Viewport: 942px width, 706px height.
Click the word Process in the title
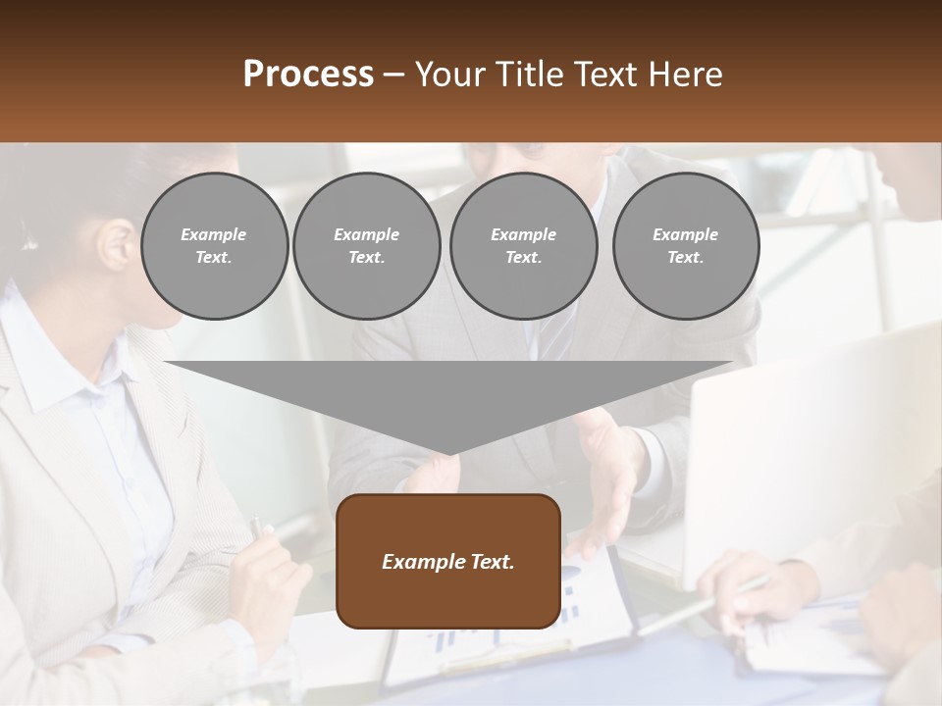click(x=308, y=75)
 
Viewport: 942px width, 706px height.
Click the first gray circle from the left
click(x=214, y=246)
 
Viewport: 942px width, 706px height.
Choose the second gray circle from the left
click(x=366, y=246)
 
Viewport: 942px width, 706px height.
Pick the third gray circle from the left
click(x=523, y=246)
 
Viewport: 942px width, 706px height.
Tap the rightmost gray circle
click(x=685, y=246)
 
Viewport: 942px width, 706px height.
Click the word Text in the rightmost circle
click(x=685, y=258)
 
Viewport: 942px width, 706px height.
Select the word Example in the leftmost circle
click(x=214, y=234)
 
